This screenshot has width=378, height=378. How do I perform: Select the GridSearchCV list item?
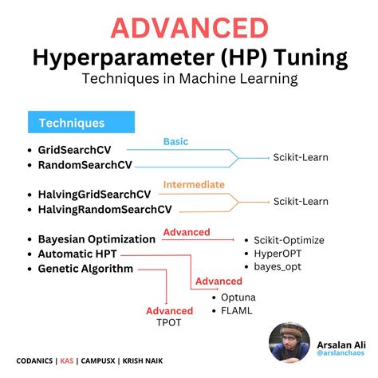pyautogui.click(x=73, y=149)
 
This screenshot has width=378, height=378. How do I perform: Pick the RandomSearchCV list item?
pyautogui.click(x=84, y=165)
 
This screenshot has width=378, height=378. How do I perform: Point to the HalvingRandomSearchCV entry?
pyautogui.click(x=104, y=210)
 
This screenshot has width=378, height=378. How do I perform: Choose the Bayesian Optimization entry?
pyautogui.click(x=96, y=238)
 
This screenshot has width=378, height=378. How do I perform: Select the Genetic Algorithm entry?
pyautogui.click(x=85, y=269)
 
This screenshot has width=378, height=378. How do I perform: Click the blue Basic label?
pyautogui.click(x=175, y=142)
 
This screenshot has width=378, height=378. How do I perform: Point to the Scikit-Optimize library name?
pyautogui.click(x=290, y=238)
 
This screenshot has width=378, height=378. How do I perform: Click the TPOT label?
pyautogui.click(x=168, y=325)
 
